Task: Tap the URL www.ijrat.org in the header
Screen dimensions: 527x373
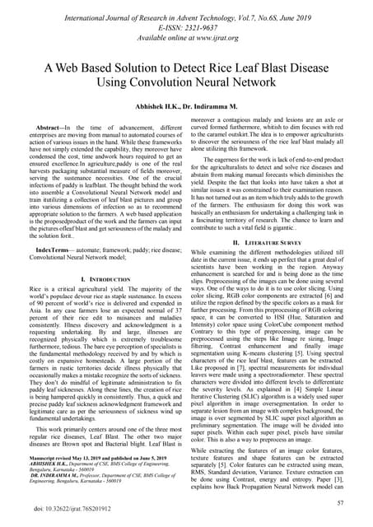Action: pyautogui.click(x=219, y=38)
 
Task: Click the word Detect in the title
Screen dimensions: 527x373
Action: pyautogui.click(x=190, y=70)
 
